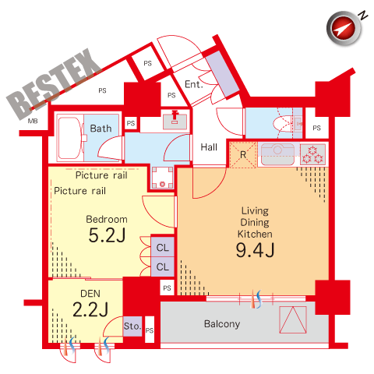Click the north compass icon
[344, 28]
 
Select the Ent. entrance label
[194, 84]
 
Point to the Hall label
[209, 147]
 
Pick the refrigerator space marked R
[243, 155]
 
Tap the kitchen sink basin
[277, 154]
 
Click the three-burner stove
[312, 154]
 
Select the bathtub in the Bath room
[69, 138]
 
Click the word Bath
[101, 129]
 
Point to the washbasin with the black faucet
[175, 122]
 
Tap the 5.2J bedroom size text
[107, 235]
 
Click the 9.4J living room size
[255, 250]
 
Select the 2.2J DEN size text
[90, 309]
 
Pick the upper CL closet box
[163, 247]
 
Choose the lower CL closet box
[163, 266]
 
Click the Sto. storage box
[132, 326]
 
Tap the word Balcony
[222, 324]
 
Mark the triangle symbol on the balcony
[293, 319]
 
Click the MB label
[33, 121]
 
